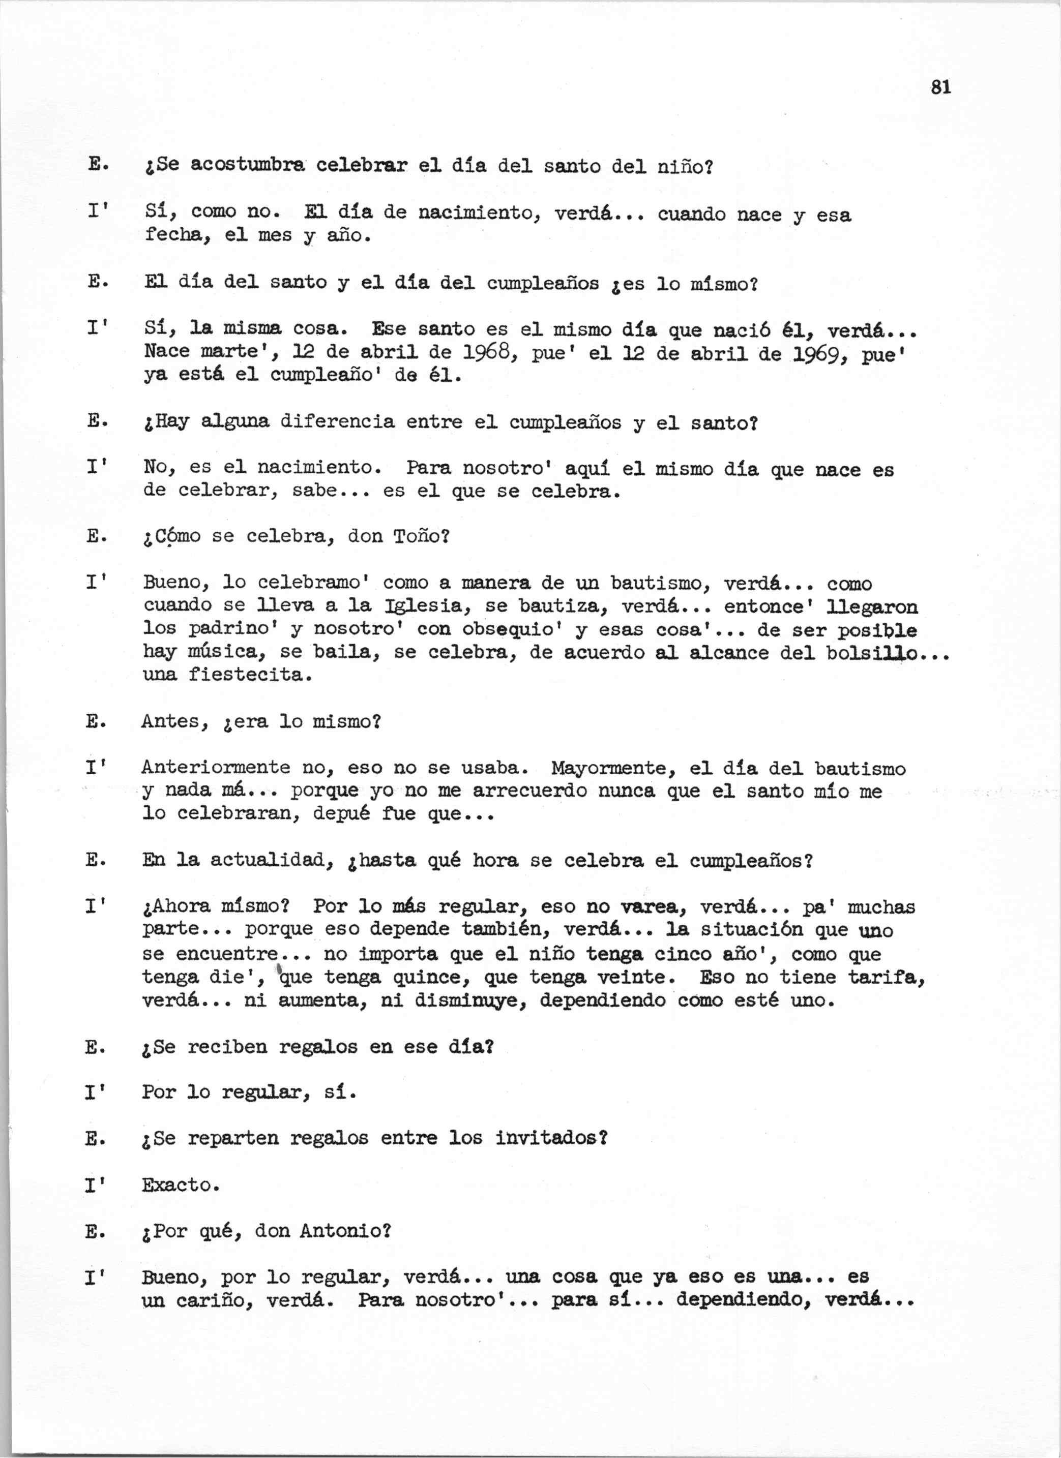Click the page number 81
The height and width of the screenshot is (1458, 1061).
coord(941,87)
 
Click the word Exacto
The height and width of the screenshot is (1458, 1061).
coord(178,1185)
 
